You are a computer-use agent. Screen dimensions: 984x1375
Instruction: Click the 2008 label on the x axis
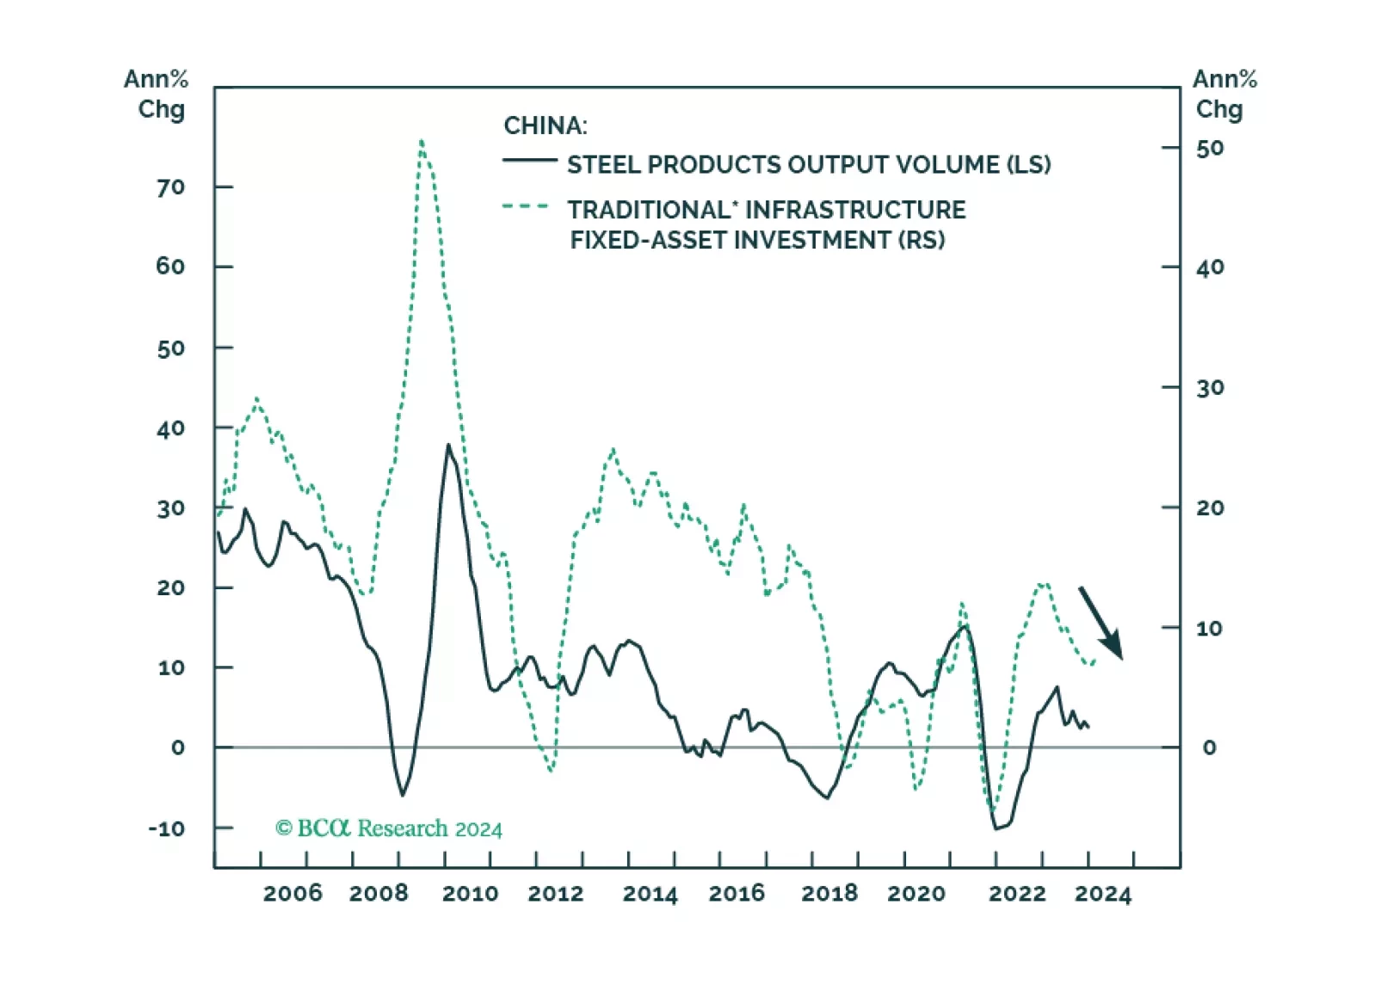click(x=379, y=894)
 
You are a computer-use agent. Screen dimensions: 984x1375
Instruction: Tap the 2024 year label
click(x=1102, y=894)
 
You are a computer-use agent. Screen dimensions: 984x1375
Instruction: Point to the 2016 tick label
click(x=737, y=894)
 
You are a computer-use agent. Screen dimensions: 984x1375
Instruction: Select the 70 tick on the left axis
click(x=170, y=188)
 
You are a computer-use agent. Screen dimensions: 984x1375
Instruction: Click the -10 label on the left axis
click(x=167, y=828)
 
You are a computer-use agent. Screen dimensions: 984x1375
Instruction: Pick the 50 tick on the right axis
click(x=1210, y=149)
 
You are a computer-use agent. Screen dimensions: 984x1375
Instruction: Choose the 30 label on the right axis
click(x=1210, y=388)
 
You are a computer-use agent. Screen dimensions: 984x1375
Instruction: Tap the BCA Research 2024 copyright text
click(x=389, y=828)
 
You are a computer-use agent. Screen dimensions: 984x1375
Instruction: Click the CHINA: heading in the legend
click(x=546, y=126)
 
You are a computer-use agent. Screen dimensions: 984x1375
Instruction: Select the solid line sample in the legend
click(x=529, y=161)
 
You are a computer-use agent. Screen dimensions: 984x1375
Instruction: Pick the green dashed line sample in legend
click(x=526, y=206)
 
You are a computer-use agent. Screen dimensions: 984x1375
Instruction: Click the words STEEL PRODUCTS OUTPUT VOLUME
click(x=783, y=164)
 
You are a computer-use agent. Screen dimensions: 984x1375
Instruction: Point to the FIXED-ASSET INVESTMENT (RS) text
click(x=757, y=240)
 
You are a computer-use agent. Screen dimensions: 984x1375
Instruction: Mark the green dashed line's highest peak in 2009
click(x=421, y=141)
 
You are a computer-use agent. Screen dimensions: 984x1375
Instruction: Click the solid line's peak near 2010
click(x=448, y=445)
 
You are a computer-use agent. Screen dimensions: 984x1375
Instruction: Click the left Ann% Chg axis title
click(x=157, y=94)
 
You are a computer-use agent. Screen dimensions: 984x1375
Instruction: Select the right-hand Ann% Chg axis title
click(x=1224, y=94)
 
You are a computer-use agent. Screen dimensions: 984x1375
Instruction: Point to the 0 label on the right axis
click(x=1209, y=747)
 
